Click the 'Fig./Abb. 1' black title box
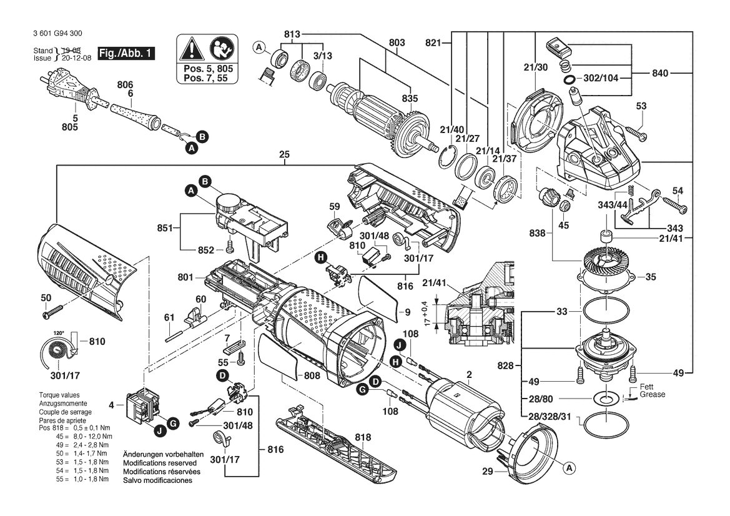click(x=126, y=53)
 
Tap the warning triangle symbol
click(x=190, y=49)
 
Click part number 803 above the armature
click(x=397, y=42)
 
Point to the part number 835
click(x=410, y=99)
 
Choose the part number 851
click(x=165, y=228)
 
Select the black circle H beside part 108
click(x=396, y=360)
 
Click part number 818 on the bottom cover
click(x=363, y=437)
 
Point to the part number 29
click(x=488, y=472)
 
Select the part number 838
click(x=537, y=233)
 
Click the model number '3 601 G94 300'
click(x=58, y=34)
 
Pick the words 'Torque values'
click(x=59, y=395)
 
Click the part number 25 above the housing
click(x=285, y=154)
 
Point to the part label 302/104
click(x=601, y=78)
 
